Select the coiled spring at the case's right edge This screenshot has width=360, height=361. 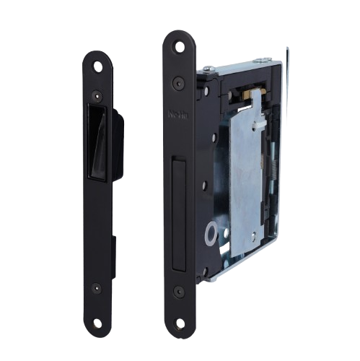pos(275,166)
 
